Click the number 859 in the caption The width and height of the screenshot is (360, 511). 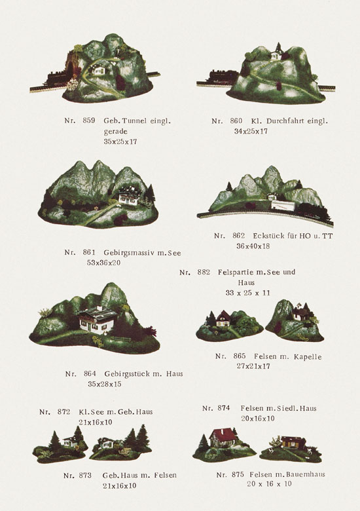[x=89, y=121]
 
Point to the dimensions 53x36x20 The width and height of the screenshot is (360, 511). [x=103, y=263]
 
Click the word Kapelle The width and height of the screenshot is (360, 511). [x=308, y=357]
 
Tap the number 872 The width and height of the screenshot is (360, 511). [x=63, y=411]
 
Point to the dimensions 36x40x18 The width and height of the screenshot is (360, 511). [x=253, y=246]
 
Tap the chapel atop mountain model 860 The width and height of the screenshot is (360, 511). [x=276, y=52]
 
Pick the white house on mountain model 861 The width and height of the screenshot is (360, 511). [x=128, y=197]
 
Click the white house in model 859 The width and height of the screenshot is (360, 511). [x=98, y=69]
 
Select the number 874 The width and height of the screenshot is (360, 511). [x=223, y=408]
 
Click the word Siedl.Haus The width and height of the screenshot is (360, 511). [x=297, y=408]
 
